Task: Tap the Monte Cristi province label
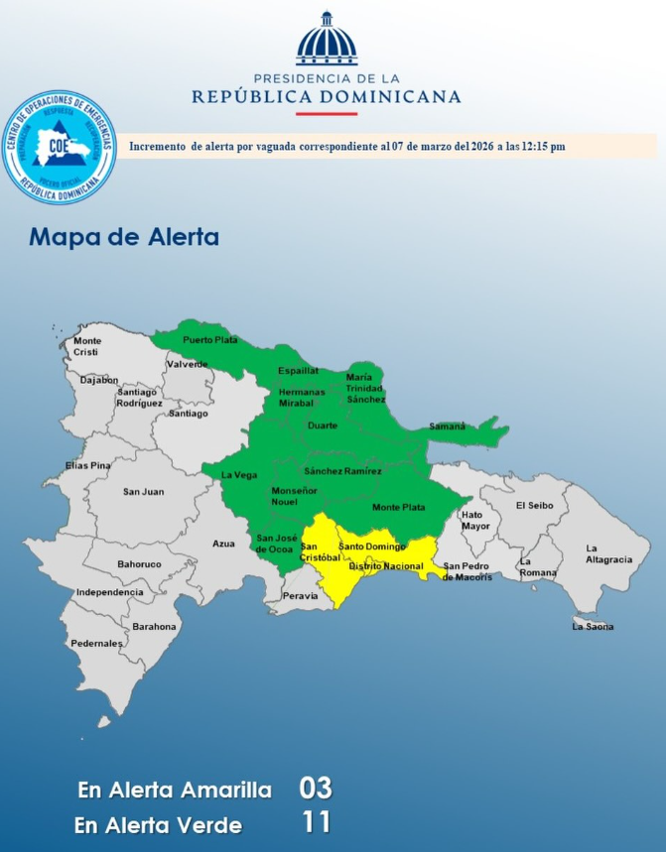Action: (x=87, y=346)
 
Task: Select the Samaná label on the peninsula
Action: (x=447, y=426)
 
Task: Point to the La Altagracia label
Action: (x=608, y=553)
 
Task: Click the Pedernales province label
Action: (x=96, y=643)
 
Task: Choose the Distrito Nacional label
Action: (x=385, y=566)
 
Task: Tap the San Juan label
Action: (x=143, y=491)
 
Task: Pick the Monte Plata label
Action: (x=398, y=508)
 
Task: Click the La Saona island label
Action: (x=593, y=626)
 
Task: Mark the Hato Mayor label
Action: (x=475, y=520)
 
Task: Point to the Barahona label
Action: (x=154, y=626)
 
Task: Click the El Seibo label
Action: (x=533, y=505)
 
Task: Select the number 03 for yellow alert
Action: (x=315, y=790)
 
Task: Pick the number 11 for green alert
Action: (x=315, y=822)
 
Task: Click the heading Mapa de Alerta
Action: (x=124, y=238)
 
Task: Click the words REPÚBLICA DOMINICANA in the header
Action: (x=326, y=97)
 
